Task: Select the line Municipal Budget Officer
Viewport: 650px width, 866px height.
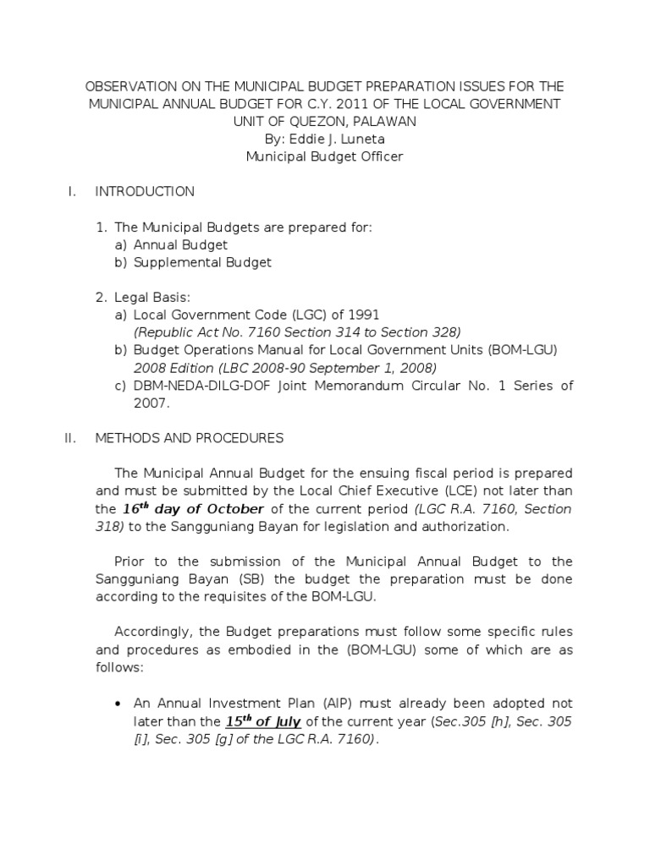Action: click(x=324, y=156)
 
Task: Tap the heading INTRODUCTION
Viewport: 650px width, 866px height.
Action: click(x=145, y=192)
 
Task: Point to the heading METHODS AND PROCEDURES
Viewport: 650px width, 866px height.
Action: click(x=190, y=438)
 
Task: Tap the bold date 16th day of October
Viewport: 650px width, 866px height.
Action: click(x=194, y=509)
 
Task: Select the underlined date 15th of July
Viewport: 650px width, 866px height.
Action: click(x=263, y=721)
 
